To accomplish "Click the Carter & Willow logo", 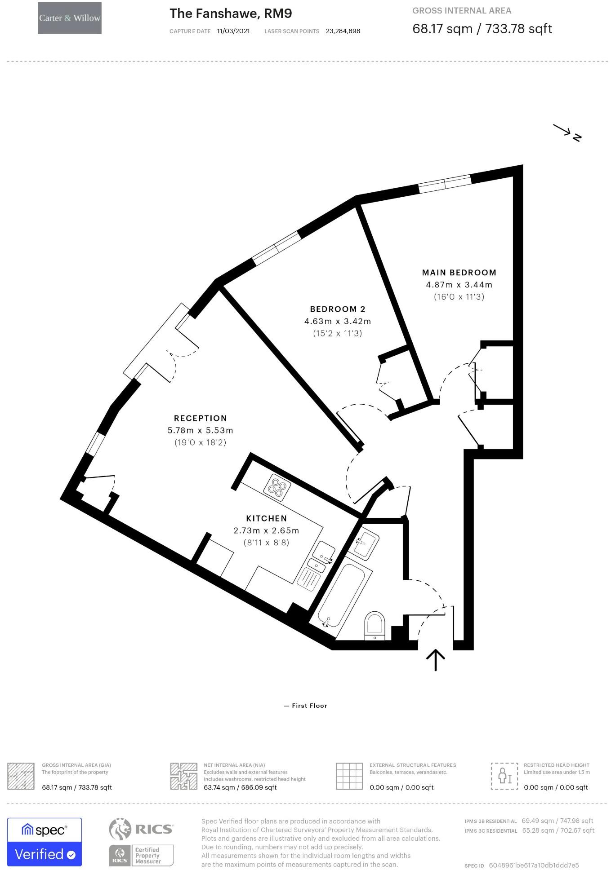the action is coord(70,18).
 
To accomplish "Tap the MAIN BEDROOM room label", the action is coord(459,273).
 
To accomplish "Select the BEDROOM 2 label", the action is coord(338,309).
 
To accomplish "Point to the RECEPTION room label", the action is coord(201,418).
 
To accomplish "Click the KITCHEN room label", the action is coord(266,518).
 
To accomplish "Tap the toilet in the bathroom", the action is coord(375,624).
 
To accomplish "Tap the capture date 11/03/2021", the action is coord(233,31).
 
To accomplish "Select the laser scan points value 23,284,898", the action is coord(343,31).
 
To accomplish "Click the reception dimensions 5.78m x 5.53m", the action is coord(201,430).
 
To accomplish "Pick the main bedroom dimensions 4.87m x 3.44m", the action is coord(459,285).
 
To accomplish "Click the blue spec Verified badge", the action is coord(45,842).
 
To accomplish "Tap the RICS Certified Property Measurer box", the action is coord(141,855).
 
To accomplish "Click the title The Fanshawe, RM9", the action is coord(231,13).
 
